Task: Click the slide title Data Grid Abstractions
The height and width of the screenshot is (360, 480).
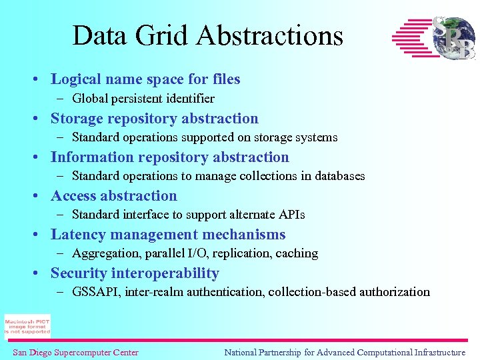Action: coord(207,35)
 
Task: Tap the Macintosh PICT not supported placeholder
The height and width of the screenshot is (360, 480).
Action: coord(27,326)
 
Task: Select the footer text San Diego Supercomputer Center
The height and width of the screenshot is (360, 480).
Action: coord(75,353)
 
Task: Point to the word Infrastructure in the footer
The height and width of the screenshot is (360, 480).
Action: coord(439,353)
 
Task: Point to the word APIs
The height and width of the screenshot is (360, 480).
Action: coord(291,215)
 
